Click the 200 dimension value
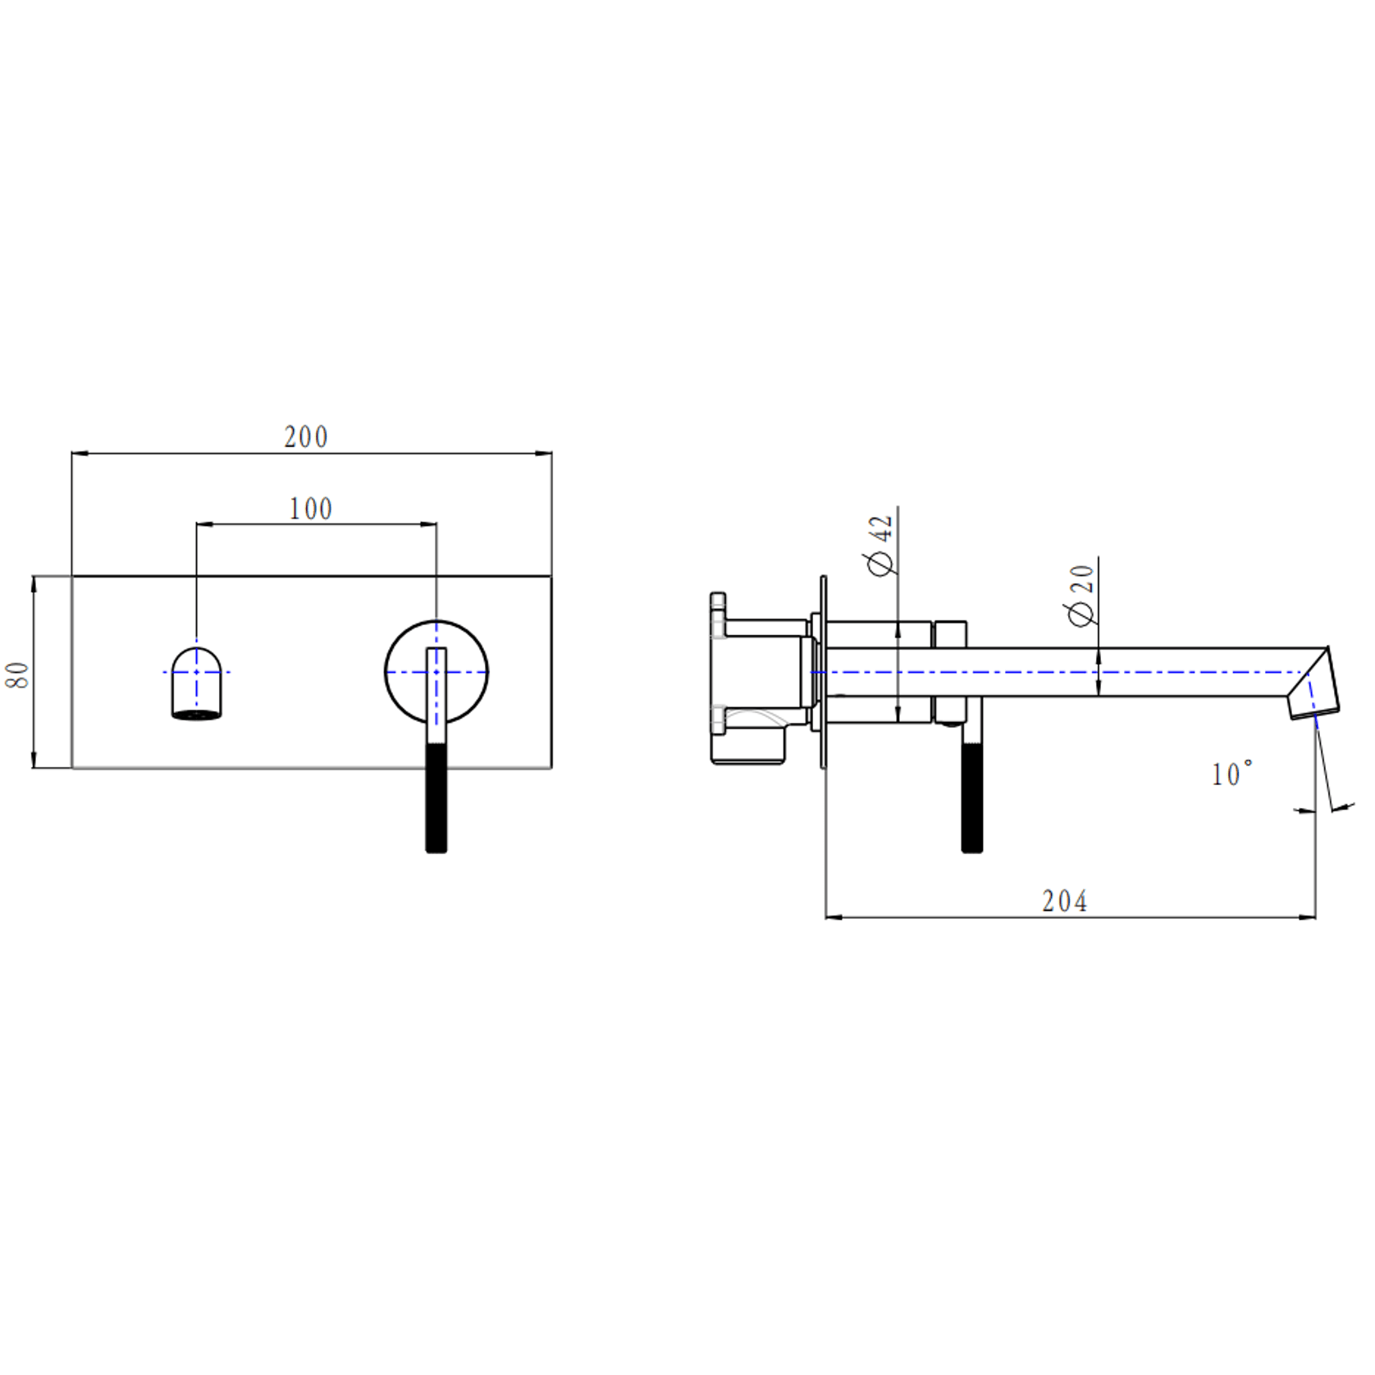(306, 437)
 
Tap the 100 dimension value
(310, 509)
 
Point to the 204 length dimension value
(1064, 902)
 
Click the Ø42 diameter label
(879, 546)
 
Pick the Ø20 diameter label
(1080, 595)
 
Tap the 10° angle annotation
(1231, 774)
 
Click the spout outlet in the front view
(197, 683)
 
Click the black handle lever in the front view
(436, 800)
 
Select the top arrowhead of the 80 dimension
(34, 583)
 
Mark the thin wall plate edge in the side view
(823, 673)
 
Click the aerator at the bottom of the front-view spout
(197, 715)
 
